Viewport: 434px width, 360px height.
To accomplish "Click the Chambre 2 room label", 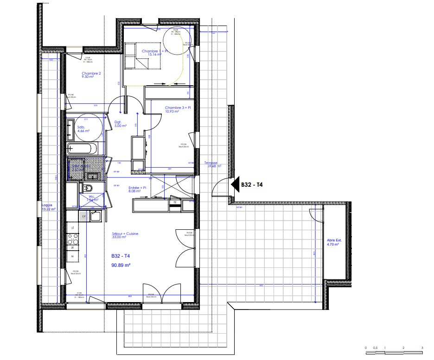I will click(91, 74).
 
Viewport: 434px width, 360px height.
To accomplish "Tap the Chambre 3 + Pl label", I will click(178, 107).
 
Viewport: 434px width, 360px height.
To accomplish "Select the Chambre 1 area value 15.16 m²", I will click(154, 55).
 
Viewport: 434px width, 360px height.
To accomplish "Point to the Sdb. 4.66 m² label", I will click(83, 128).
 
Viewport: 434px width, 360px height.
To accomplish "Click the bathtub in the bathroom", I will click(83, 149).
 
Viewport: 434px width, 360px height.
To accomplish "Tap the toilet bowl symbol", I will click(87, 187).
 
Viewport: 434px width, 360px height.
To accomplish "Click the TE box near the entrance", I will click(175, 202).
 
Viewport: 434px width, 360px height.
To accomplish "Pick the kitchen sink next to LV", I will click(96, 216).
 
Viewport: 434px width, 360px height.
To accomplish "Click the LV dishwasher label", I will click(83, 216).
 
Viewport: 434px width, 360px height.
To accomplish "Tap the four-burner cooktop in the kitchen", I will click(72, 240).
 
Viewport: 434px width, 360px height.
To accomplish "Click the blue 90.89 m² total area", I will click(121, 265).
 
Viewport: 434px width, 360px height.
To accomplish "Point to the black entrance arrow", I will click(234, 184).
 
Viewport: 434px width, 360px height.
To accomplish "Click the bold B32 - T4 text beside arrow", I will click(252, 184).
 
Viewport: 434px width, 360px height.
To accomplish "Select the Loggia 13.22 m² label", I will click(49, 207).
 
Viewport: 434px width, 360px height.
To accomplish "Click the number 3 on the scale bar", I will click(422, 347).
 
